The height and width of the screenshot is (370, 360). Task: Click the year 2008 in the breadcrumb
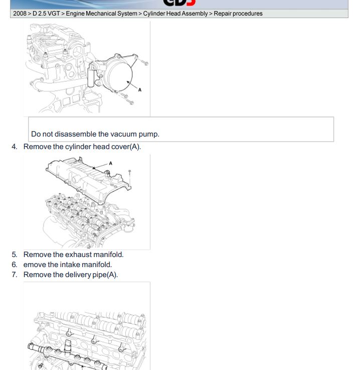tap(20, 14)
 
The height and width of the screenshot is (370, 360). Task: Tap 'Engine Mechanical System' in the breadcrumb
tap(102, 14)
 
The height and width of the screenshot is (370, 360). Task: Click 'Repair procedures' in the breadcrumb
tap(238, 14)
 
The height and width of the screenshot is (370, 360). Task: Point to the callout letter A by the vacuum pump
tap(140, 90)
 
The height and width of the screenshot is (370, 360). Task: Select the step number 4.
tap(15, 147)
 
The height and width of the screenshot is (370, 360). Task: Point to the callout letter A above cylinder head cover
tap(111, 163)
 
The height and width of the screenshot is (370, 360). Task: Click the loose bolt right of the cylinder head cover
tap(130, 177)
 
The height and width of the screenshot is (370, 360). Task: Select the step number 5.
tap(15, 255)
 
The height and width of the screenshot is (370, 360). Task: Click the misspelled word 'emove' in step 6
tap(35, 265)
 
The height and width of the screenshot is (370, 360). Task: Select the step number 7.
tap(15, 275)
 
